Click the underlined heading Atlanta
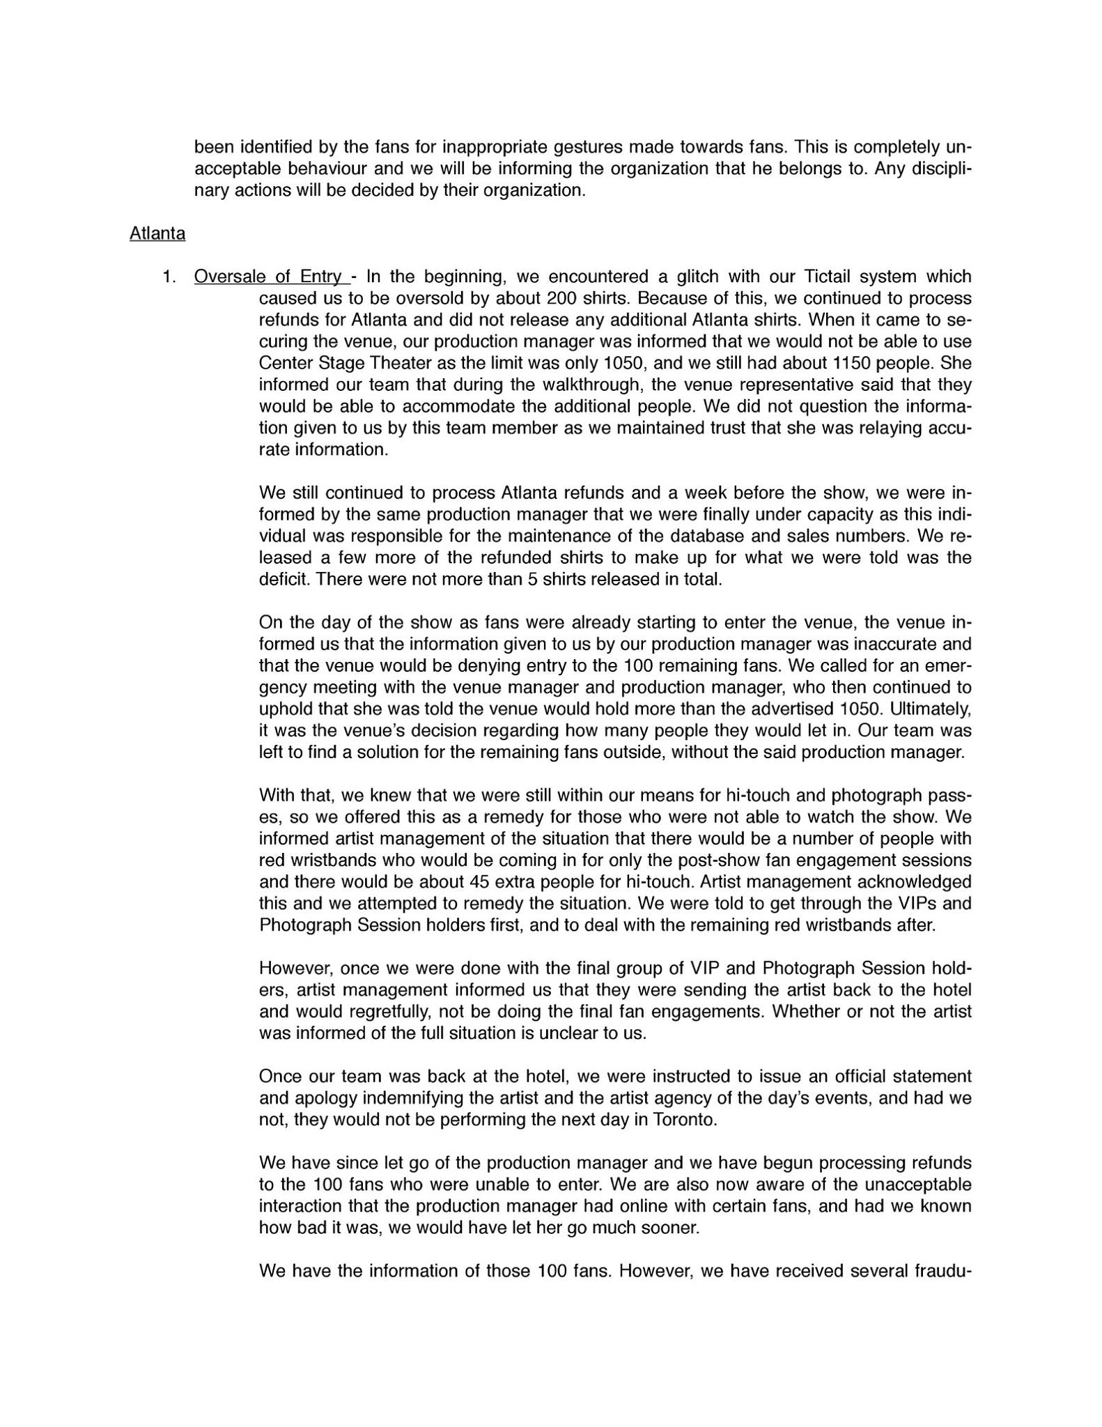click(157, 233)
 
